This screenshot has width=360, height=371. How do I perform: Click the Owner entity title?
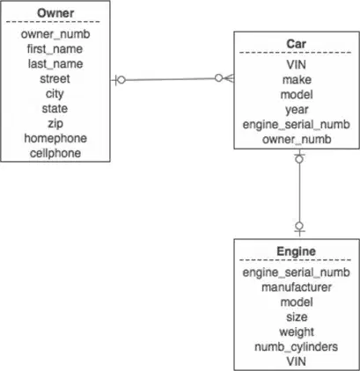coord(55,13)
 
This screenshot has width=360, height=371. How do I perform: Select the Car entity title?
coord(296,44)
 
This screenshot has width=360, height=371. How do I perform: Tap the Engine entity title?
coord(296,251)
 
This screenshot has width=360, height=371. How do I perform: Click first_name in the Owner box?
coord(55,49)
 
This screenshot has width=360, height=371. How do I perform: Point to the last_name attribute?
coord(55,64)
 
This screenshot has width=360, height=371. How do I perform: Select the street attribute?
coord(55,79)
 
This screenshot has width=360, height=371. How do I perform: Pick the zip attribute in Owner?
coord(55,124)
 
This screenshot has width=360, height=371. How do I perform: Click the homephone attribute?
coord(55,138)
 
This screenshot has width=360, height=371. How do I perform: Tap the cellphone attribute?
coord(55,153)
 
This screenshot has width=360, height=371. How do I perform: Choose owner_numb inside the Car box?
coord(297,140)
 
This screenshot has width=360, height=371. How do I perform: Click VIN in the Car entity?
coord(297,65)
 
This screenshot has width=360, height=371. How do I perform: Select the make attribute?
coord(297,80)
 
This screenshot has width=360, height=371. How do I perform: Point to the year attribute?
coord(297,110)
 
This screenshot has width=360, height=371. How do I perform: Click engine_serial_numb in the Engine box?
coord(296,273)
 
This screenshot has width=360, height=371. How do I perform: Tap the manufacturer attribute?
coord(297,287)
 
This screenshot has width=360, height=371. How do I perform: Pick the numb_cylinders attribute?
coord(297,347)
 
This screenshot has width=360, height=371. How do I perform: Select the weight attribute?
coord(297,332)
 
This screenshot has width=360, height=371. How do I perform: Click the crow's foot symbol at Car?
coord(229,78)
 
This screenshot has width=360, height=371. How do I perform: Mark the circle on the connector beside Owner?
coord(121,80)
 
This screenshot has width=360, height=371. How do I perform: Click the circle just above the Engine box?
coord(299,226)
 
